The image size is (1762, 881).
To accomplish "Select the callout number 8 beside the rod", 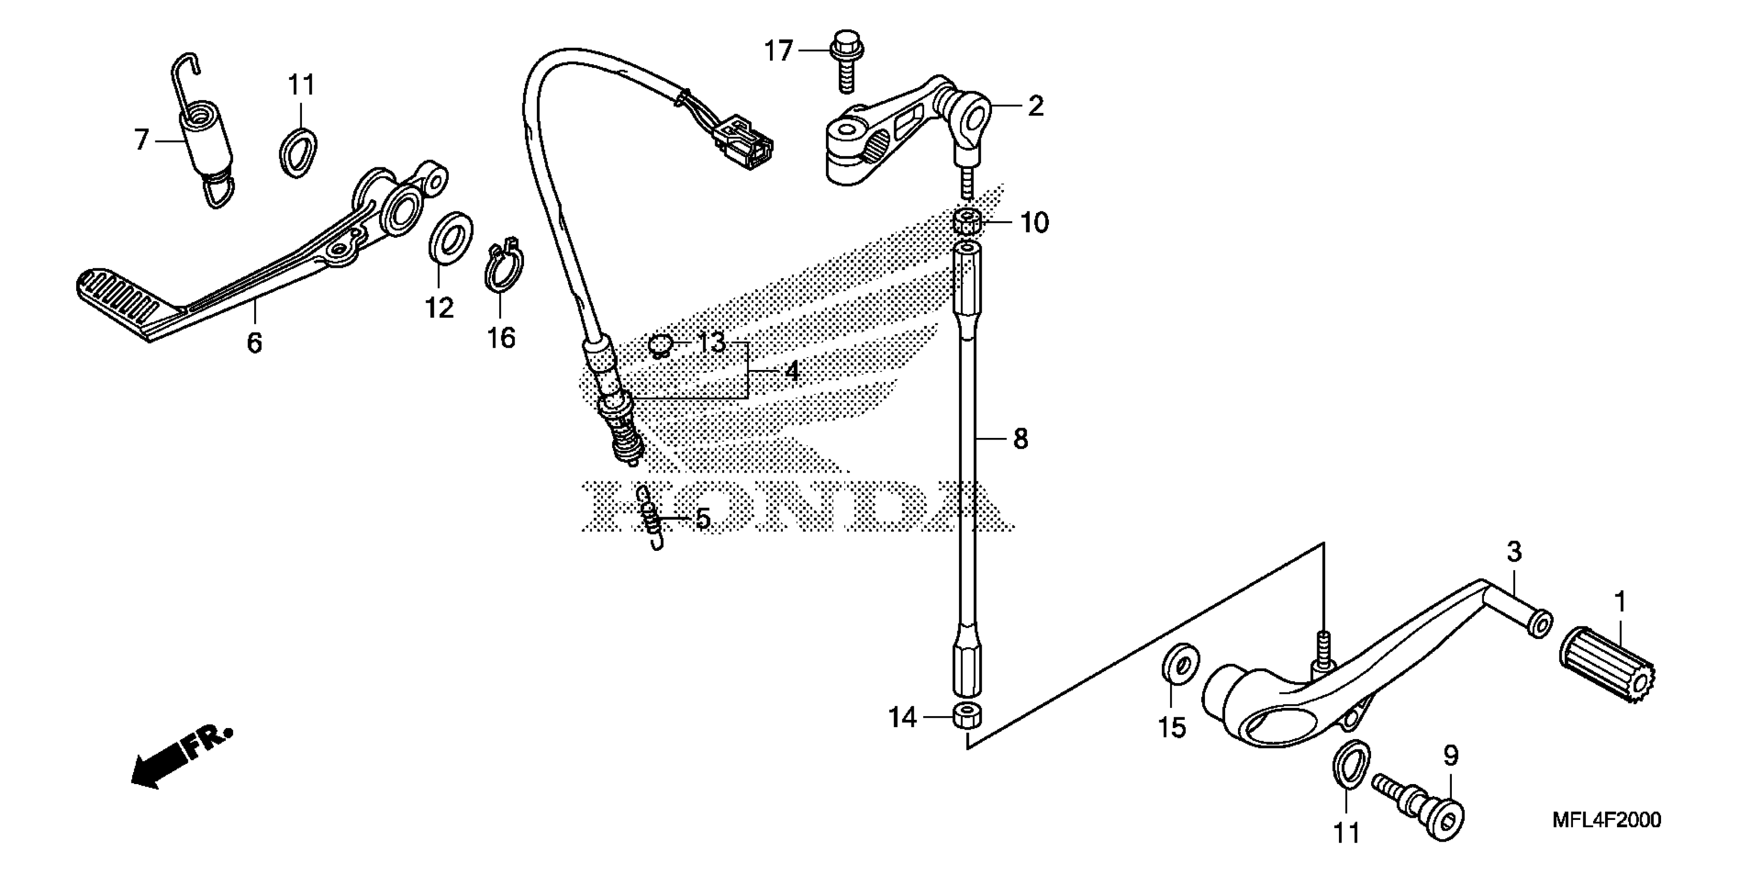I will [x=1021, y=439].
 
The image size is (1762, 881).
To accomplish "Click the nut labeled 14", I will [x=967, y=717].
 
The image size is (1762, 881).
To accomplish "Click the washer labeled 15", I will [x=1180, y=663].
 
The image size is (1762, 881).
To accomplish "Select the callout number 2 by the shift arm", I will [x=1036, y=107].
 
